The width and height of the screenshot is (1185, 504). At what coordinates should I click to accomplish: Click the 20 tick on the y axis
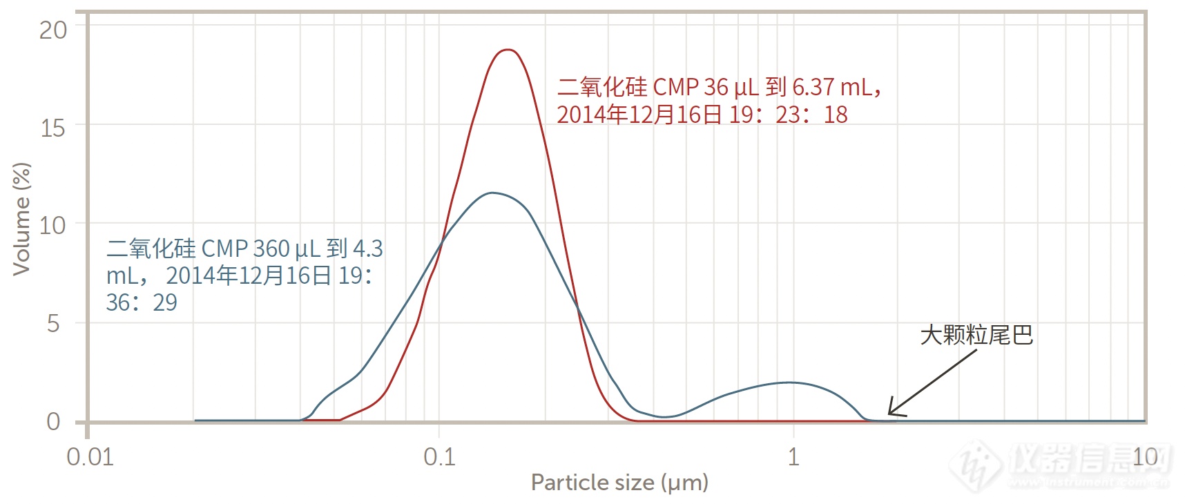pyautogui.click(x=52, y=30)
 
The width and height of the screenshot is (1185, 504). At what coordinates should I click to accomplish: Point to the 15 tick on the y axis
pyautogui.click(x=52, y=128)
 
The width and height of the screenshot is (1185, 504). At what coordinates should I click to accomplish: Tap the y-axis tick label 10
pyautogui.click(x=52, y=225)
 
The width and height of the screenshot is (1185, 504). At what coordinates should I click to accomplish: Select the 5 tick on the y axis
pyautogui.click(x=54, y=323)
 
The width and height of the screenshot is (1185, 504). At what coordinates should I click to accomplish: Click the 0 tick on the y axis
pyautogui.click(x=54, y=421)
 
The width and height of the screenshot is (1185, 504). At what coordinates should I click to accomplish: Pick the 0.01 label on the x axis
pyautogui.click(x=90, y=457)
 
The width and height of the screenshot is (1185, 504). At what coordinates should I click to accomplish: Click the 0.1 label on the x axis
pyautogui.click(x=440, y=457)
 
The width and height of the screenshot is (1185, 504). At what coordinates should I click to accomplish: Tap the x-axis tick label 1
pyautogui.click(x=793, y=457)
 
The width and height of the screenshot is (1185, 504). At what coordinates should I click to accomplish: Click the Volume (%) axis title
pyautogui.click(x=21, y=220)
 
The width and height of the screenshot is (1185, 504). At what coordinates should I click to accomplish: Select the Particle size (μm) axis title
pyautogui.click(x=619, y=483)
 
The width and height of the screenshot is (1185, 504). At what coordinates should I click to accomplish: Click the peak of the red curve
pyautogui.click(x=508, y=50)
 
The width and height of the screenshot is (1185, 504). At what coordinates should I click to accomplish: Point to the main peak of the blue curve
pyautogui.click(x=492, y=193)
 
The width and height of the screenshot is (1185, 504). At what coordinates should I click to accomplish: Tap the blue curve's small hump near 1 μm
pyautogui.click(x=789, y=382)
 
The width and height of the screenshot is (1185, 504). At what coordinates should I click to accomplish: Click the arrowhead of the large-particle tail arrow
pyautogui.click(x=890, y=414)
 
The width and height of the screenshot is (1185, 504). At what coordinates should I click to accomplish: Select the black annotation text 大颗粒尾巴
pyautogui.click(x=976, y=336)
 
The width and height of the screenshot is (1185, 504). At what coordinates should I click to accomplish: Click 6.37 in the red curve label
pyautogui.click(x=813, y=87)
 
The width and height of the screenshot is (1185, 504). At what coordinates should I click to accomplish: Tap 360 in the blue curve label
pyautogui.click(x=271, y=248)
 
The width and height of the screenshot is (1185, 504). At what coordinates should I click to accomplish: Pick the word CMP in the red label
pyautogui.click(x=675, y=87)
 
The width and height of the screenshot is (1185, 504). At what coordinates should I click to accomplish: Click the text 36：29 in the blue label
pyautogui.click(x=142, y=302)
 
